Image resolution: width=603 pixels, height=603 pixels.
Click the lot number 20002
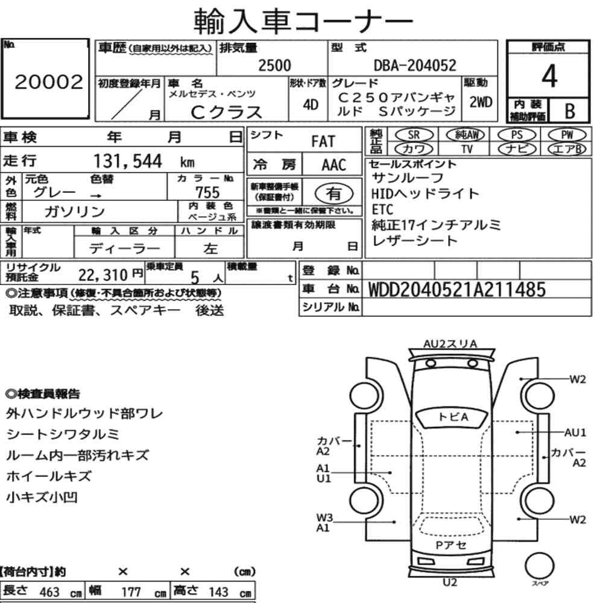(x=49, y=82)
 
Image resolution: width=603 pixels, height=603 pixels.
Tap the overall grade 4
(x=549, y=76)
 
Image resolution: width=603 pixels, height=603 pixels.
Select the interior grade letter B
(x=570, y=111)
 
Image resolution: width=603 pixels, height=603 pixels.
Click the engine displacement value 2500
(x=274, y=65)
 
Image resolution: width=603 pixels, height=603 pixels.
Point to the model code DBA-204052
(x=415, y=65)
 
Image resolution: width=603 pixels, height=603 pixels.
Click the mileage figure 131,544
(x=128, y=161)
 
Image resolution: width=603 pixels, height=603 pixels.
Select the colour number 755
(x=207, y=192)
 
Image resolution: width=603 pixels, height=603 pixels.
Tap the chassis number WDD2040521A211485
(x=457, y=289)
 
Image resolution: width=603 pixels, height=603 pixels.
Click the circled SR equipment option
(x=414, y=134)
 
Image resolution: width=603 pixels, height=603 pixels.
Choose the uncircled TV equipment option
(x=467, y=149)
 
